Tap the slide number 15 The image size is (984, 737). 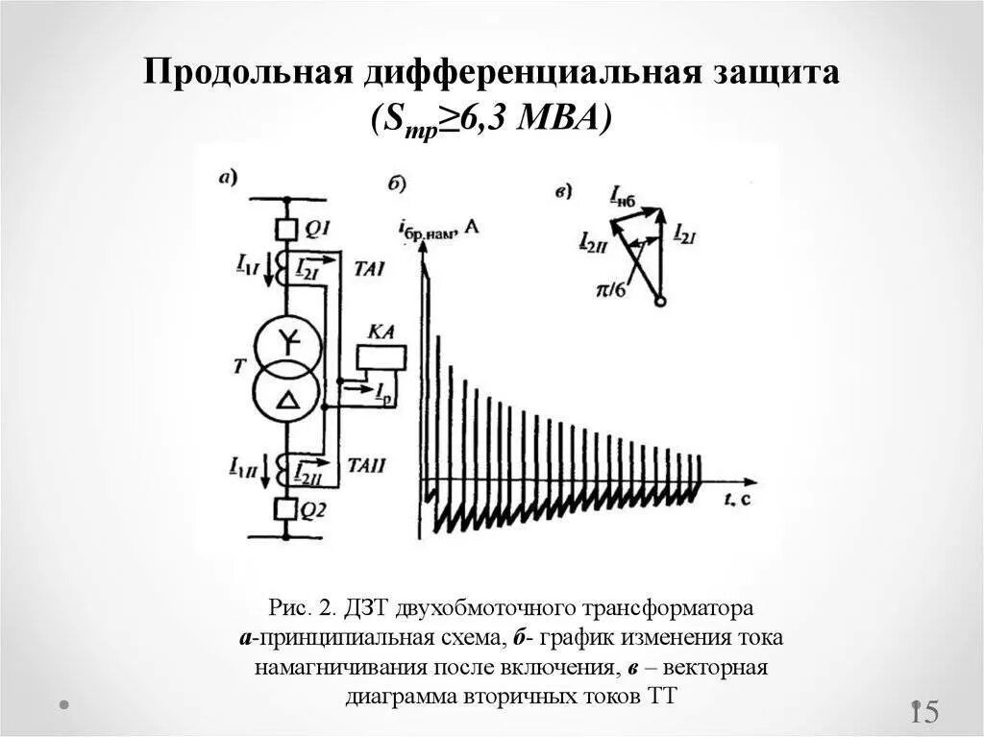(x=924, y=712)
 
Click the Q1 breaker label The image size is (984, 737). (x=318, y=228)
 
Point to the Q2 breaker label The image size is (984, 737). (x=313, y=511)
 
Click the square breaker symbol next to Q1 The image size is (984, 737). (x=284, y=229)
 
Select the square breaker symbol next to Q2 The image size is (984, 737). (x=284, y=509)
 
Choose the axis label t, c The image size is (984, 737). (x=737, y=498)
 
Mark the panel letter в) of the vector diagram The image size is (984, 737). (x=564, y=191)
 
